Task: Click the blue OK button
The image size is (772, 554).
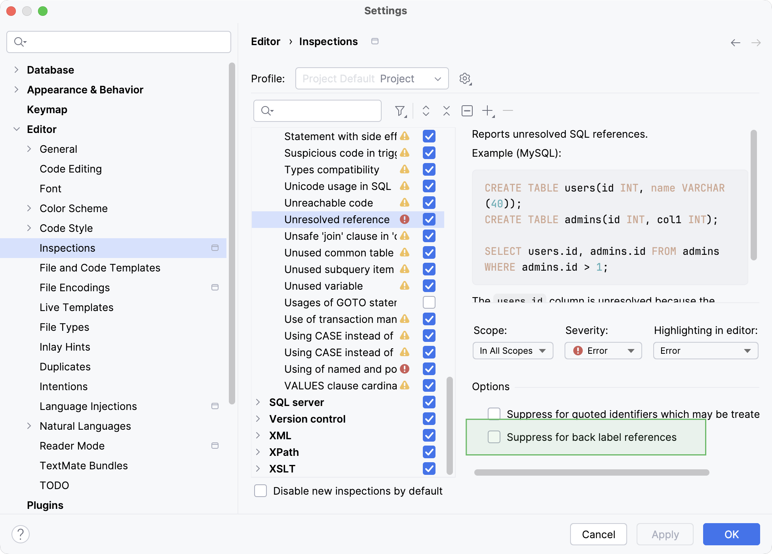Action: pyautogui.click(x=731, y=534)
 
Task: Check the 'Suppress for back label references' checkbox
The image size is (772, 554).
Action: pyautogui.click(x=494, y=437)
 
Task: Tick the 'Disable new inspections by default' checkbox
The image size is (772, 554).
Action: pyautogui.click(x=261, y=491)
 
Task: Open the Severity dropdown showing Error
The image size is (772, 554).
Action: pyautogui.click(x=603, y=351)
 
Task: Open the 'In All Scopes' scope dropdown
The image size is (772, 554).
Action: pyautogui.click(x=513, y=351)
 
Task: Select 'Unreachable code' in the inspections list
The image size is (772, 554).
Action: pyautogui.click(x=329, y=203)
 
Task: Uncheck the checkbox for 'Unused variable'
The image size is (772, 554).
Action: pyautogui.click(x=429, y=286)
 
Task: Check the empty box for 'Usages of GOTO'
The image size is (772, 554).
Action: pyautogui.click(x=429, y=302)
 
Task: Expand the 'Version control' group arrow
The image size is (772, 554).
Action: pyautogui.click(x=258, y=419)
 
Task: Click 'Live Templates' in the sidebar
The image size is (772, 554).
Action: pyautogui.click(x=76, y=307)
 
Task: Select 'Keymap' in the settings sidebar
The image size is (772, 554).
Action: pyautogui.click(x=47, y=110)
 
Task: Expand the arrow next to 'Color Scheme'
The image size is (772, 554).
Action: pyautogui.click(x=29, y=209)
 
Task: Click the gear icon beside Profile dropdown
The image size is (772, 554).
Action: pyautogui.click(x=465, y=79)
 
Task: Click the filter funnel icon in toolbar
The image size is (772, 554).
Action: pyautogui.click(x=400, y=111)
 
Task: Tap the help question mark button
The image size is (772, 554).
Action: pyautogui.click(x=21, y=534)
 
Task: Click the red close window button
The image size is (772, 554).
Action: pyautogui.click(x=11, y=11)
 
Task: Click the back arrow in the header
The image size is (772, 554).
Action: pyautogui.click(x=735, y=42)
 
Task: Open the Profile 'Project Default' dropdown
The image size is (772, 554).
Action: pyautogui.click(x=372, y=79)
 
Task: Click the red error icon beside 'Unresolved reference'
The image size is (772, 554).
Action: pyautogui.click(x=405, y=219)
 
